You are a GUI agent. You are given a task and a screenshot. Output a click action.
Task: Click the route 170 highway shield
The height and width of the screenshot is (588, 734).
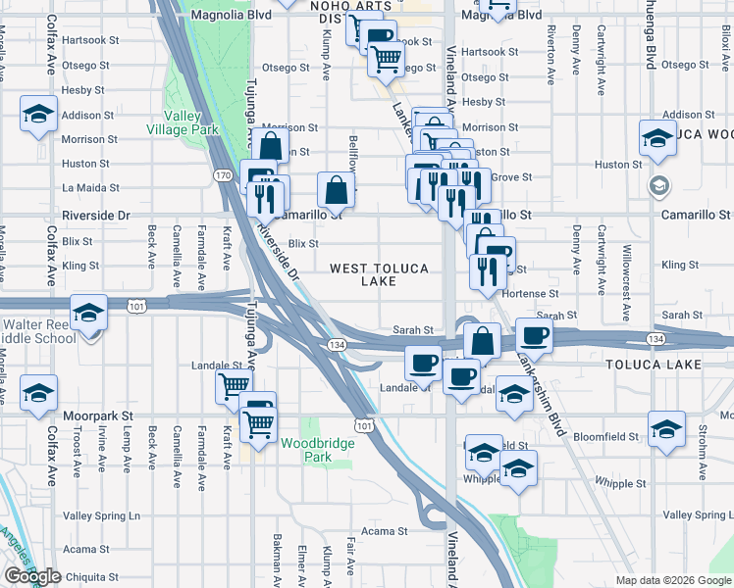(223, 175)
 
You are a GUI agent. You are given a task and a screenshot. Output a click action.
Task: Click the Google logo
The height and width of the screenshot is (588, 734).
(32, 576)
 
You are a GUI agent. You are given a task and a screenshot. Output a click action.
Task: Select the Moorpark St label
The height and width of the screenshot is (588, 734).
(97, 416)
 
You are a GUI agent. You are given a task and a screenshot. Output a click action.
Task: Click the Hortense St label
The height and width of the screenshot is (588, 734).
(531, 293)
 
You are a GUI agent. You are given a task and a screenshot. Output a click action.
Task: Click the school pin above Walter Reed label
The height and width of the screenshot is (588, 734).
(89, 313)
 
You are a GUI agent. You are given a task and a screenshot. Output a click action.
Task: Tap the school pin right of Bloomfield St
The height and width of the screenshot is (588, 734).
(666, 430)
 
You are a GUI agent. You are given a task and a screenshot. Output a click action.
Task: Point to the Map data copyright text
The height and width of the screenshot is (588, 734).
(672, 580)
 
